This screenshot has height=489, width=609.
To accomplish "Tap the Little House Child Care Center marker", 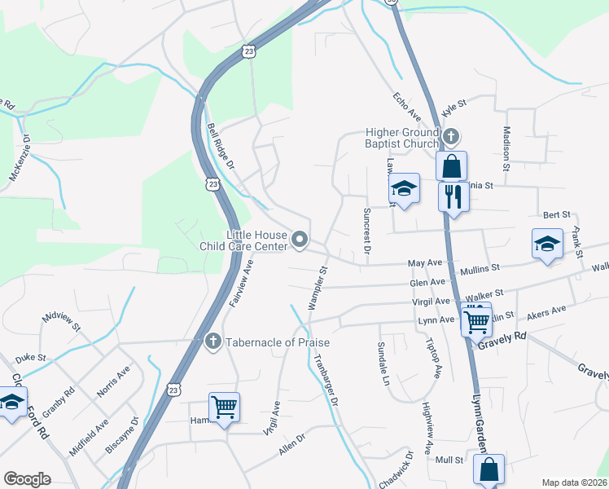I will [x=300, y=240].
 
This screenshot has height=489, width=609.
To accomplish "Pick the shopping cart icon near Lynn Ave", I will [x=475, y=319].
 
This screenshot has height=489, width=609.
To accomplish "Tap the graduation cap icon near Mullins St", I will [x=547, y=243].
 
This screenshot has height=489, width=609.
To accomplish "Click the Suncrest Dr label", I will [x=366, y=232].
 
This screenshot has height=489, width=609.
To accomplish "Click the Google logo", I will [x=27, y=479].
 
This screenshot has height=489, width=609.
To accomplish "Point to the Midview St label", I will [x=63, y=320].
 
